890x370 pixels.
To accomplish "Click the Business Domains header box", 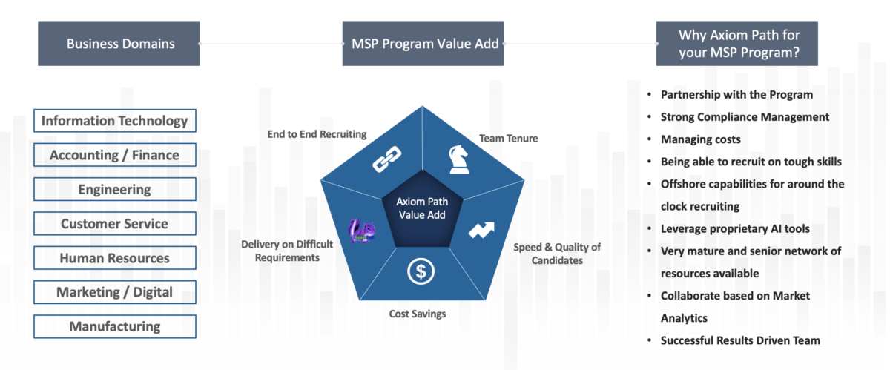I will click(120, 44).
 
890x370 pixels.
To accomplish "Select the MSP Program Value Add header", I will click(423, 44).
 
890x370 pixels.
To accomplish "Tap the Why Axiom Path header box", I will click(739, 44).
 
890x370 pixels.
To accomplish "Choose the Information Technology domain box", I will click(115, 121).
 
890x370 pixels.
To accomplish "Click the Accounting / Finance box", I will click(115, 155).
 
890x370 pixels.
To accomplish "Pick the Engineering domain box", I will click(115, 189).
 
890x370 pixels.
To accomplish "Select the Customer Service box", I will click(115, 223).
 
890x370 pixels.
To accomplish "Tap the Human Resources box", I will click(115, 258).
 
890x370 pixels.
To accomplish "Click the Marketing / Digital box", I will click(115, 292).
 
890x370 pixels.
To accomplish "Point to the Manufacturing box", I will click(115, 326).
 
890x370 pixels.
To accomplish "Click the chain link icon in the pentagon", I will click(386, 159).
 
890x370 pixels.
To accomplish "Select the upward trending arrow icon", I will click(481, 230).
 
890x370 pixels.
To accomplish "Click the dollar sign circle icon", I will click(421, 272).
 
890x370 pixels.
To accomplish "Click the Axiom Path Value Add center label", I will click(422, 208).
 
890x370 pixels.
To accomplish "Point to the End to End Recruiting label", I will click(317, 134).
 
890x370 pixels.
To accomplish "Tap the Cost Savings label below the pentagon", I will click(418, 314).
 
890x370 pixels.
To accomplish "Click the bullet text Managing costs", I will click(700, 139).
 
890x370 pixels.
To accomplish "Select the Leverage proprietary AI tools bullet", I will click(734, 228).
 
